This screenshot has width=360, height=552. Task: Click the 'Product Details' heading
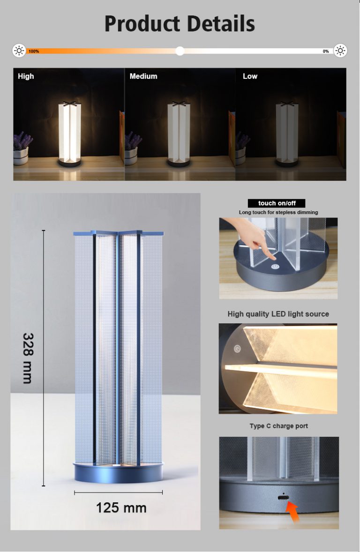[x=180, y=23]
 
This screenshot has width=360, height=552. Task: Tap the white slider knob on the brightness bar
[x=180, y=51]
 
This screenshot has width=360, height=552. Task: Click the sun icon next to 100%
[x=19, y=51]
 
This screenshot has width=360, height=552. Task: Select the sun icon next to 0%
[x=340, y=51]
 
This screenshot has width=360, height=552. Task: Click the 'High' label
[x=26, y=76]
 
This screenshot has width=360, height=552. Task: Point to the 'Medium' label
[x=143, y=76]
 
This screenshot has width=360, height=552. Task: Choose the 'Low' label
[x=250, y=76]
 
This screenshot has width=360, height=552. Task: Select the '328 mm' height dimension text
[x=28, y=358]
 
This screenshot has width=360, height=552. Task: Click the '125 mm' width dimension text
[x=121, y=507]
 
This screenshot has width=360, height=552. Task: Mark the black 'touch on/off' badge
[x=276, y=203]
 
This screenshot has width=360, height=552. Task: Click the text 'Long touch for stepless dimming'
[x=278, y=212]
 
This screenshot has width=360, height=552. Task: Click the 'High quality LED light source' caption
[x=278, y=314]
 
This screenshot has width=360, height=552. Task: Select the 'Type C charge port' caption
[x=278, y=426]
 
